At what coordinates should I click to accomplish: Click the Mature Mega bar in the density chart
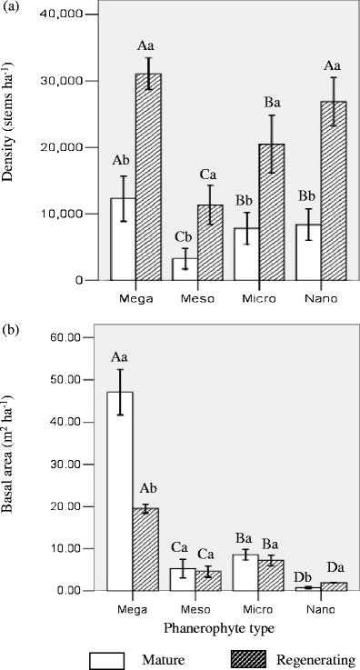123,239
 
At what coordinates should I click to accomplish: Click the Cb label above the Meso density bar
185,237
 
